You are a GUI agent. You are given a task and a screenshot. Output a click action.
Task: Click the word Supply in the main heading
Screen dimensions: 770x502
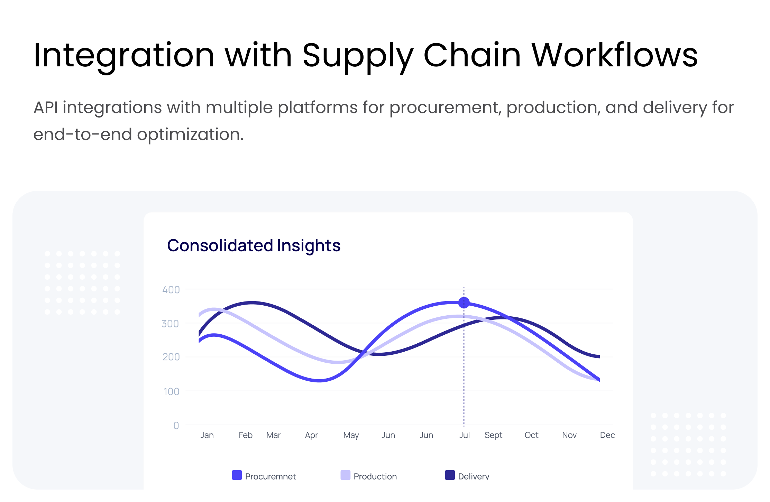[x=358, y=56]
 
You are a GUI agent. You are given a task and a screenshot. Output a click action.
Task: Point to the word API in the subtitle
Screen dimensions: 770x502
[x=46, y=107]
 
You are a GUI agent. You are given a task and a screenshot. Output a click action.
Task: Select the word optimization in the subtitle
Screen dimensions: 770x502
[x=190, y=134]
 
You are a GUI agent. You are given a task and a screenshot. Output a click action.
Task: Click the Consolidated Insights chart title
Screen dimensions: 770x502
[x=254, y=245]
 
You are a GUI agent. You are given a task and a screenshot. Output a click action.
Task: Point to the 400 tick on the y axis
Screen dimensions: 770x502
[x=171, y=290]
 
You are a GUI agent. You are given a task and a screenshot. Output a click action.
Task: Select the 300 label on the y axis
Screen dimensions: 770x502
[x=170, y=324]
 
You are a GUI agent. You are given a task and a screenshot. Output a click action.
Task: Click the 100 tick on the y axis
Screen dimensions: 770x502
[x=171, y=392]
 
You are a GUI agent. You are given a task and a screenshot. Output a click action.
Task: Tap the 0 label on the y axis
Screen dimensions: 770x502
[x=176, y=426]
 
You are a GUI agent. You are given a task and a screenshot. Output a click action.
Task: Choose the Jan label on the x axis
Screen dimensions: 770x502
[x=207, y=435]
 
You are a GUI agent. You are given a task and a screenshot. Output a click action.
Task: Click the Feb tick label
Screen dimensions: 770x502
[x=246, y=435]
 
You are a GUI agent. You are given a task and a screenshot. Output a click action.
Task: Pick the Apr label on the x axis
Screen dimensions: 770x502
[x=311, y=436]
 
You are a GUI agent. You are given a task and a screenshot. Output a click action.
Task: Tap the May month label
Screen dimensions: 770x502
[x=351, y=436]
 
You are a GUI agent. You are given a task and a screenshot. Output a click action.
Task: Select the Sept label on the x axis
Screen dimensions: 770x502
[x=493, y=436]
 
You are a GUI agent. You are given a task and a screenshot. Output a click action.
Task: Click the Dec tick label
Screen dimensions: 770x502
[x=607, y=435]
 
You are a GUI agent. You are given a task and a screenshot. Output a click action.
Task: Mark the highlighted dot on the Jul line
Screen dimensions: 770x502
[x=464, y=303]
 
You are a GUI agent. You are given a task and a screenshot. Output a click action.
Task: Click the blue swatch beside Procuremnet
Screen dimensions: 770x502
[x=237, y=475]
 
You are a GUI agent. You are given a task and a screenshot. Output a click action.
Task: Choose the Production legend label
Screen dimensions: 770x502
[x=375, y=476]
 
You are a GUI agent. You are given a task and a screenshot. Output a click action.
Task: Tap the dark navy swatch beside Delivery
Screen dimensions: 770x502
[x=450, y=475]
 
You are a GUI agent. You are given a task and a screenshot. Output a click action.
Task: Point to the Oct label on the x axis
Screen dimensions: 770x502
[x=531, y=435]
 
